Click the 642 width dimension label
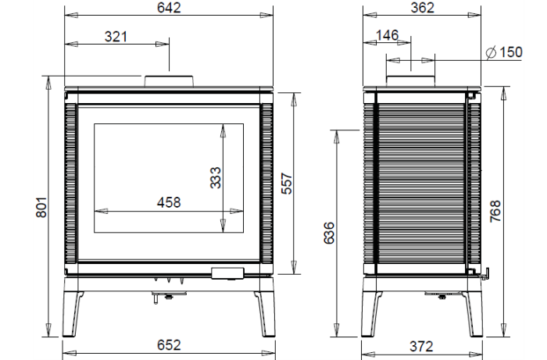coord(169,8)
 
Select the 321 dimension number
coord(116,37)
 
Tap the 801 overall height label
coord(41,208)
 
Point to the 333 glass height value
coord(216,178)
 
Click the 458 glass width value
coord(169,202)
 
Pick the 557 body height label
coord(287,184)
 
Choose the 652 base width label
coord(169,345)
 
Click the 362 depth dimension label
coord(422,8)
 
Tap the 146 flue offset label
coord(388,35)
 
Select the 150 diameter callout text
coord(511,52)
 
